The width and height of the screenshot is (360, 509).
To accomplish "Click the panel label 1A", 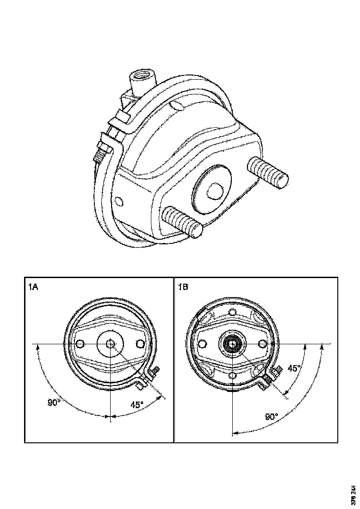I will (x=33, y=287).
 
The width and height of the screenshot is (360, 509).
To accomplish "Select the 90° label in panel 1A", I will (x=54, y=403).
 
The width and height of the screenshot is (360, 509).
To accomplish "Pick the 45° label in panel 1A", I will (x=137, y=404).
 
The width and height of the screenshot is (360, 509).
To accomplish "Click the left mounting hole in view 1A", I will (x=80, y=344).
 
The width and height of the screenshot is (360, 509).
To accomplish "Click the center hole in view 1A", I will (x=110, y=344).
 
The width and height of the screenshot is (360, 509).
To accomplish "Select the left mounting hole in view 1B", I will (x=202, y=343).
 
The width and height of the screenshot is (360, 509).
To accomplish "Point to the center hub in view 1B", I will (x=231, y=344).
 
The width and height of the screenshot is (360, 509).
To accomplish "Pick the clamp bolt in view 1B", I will (x=271, y=376).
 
